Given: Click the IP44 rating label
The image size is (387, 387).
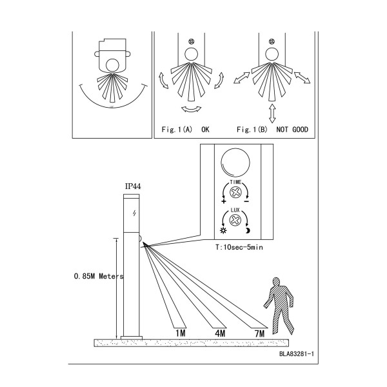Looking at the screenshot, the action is click(133, 186).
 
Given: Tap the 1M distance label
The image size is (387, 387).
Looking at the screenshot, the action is click(181, 333).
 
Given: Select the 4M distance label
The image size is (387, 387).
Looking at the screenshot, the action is click(220, 333).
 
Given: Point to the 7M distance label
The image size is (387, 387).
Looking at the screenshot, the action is click(260, 333).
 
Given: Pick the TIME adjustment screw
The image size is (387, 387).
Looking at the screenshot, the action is click(235, 192).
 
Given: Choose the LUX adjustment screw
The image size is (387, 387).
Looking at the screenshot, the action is click(235, 220).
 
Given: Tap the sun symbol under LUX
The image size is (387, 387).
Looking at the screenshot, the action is click(223, 230).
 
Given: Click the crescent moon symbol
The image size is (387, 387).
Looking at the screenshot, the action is click(248, 230).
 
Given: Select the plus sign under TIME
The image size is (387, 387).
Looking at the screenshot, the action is click(224, 201).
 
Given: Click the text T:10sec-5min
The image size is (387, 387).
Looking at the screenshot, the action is click(239, 247).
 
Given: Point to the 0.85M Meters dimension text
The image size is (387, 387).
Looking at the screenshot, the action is click(99, 276).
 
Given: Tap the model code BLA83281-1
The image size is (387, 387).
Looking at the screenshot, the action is click(297, 353).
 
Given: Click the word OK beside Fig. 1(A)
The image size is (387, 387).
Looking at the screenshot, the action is click(205, 130).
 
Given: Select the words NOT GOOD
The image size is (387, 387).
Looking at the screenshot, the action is click(292, 130).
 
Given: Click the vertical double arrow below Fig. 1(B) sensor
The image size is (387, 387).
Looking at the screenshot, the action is click(272, 114).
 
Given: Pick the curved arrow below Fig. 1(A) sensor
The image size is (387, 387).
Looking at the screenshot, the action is click(192, 110).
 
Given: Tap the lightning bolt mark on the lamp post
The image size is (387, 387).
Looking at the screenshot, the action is click(134, 213).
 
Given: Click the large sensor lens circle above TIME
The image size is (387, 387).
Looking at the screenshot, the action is click(235, 163).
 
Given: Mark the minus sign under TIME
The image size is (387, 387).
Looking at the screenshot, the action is click(246, 202).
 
